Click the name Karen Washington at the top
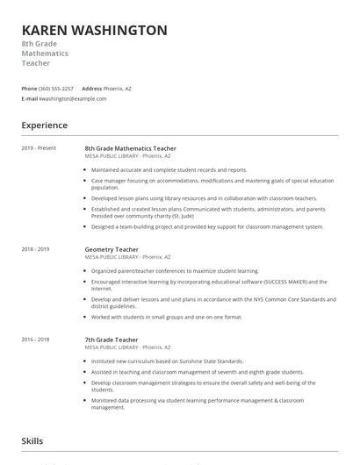point(95,31)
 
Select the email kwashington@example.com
point(73,99)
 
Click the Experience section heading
point(45,125)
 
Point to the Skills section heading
point(32,441)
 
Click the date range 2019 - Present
point(40,148)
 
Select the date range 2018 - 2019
point(36,249)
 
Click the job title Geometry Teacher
point(112,249)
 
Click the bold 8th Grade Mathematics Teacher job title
point(130,148)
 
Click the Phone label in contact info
point(29,89)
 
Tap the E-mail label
point(30,99)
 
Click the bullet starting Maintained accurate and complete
point(169,170)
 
